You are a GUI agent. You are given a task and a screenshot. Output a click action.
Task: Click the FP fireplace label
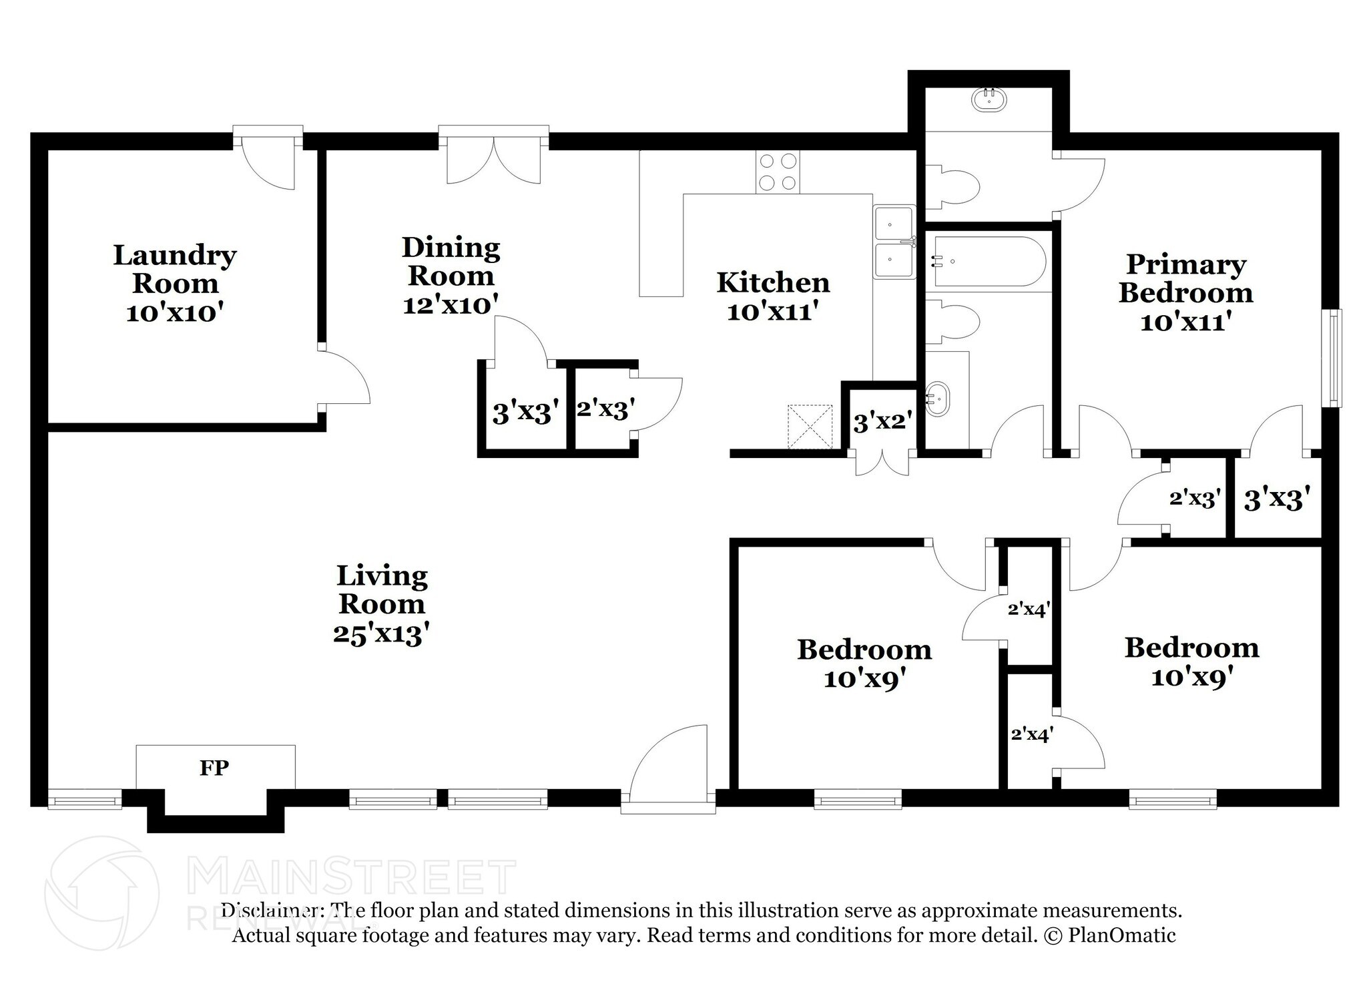[214, 768]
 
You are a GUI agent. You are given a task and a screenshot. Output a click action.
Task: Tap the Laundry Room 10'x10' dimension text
[174, 312]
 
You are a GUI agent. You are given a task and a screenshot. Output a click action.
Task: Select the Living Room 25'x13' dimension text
[380, 634]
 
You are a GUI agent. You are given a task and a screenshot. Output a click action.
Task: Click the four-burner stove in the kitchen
[778, 172]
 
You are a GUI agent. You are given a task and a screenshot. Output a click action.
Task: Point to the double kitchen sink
[894, 242]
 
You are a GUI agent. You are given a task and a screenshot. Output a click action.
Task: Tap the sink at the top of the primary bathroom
[989, 101]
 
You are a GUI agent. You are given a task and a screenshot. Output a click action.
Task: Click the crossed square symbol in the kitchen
[810, 427]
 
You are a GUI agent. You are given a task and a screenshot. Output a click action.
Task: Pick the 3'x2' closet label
[882, 422]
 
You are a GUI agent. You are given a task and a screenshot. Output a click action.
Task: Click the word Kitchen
[773, 282]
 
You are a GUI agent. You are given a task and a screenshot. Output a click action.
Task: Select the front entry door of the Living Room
[667, 768]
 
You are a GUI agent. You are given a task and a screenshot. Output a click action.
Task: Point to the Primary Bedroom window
[1334, 357]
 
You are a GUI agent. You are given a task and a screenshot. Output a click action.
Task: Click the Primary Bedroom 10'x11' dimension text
[1185, 322]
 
